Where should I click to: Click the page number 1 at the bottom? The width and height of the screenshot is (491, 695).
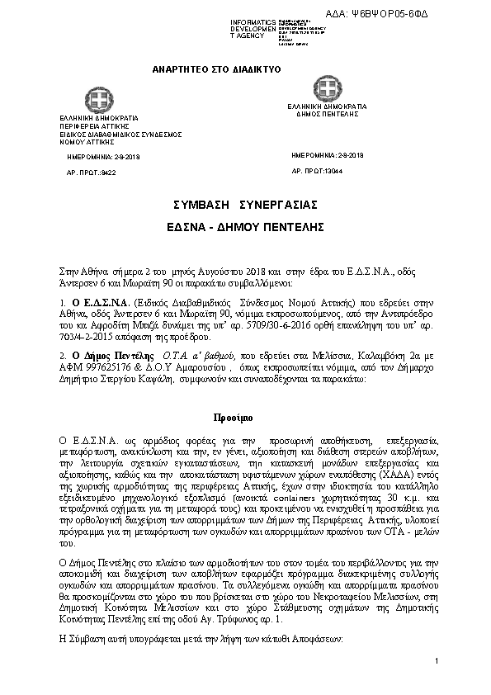point(435,661)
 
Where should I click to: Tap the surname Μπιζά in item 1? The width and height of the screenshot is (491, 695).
point(171,328)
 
